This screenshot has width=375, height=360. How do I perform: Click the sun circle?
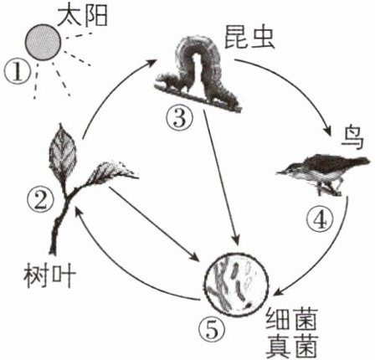tap(43, 42)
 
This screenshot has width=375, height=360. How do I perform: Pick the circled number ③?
tap(180, 118)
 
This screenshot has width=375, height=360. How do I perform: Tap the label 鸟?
tap(352, 140)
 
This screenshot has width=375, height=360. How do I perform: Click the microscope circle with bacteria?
tap(236, 285)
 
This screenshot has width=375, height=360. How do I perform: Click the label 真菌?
tap(292, 346)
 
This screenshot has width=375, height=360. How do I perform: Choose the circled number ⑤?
tap(212, 331)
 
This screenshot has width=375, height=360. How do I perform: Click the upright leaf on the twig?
tap(63, 153)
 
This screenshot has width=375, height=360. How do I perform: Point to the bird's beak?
tap(282, 172)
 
